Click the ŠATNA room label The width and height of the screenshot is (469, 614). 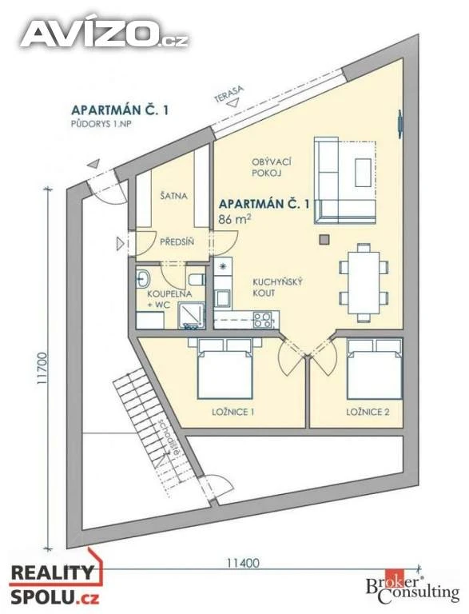click(174, 196)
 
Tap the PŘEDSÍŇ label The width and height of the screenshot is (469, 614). click(177, 242)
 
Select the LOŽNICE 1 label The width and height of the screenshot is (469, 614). click(233, 412)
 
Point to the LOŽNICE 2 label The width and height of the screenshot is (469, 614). click(368, 412)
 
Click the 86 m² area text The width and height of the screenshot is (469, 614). click(235, 218)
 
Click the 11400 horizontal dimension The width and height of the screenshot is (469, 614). click(243, 563)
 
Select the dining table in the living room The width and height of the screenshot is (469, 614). click(364, 282)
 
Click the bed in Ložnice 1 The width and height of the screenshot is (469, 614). click(225, 369)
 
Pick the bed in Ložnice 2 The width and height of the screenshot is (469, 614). click(375, 369)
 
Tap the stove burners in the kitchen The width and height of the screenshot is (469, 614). click(263, 320)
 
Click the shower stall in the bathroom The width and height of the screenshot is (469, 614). click(192, 316)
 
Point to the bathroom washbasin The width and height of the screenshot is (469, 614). click(142, 279)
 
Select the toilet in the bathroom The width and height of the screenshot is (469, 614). click(197, 280)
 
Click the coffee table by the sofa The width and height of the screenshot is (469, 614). click(363, 173)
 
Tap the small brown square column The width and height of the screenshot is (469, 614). click(324, 239)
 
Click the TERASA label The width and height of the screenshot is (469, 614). click(229, 94)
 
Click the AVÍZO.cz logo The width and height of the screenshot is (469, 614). click(105, 34)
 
